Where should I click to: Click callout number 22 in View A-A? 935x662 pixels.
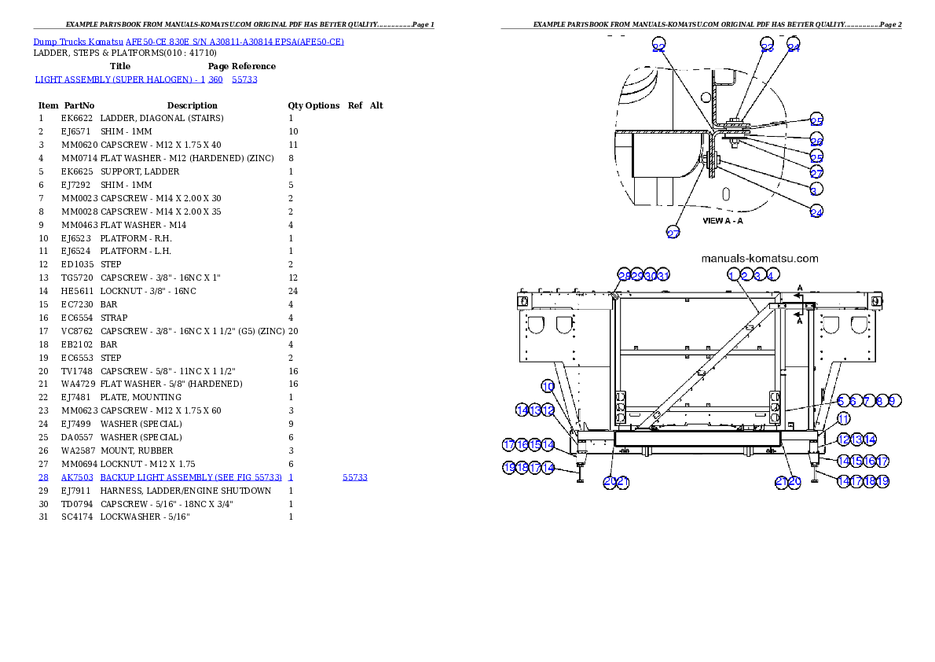pos(658,48)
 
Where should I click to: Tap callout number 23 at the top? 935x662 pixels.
pos(768,47)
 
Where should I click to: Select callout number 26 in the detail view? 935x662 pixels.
pos(816,142)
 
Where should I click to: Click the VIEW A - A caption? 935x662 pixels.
pos(722,221)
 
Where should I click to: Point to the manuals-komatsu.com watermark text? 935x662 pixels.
pos(759,258)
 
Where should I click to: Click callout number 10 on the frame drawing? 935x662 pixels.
pos(548,386)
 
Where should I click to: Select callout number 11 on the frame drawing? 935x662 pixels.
pos(843,419)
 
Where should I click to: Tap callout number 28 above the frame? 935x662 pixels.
pos(624,275)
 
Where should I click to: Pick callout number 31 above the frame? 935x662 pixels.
pos(662,275)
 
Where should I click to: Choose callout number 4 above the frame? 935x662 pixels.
pos(772,275)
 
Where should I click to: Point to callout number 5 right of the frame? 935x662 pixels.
pos(841,401)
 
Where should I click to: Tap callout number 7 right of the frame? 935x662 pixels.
pos(867,401)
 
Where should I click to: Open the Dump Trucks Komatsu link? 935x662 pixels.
pos(188,41)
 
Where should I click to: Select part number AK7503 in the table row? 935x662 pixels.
pos(78,477)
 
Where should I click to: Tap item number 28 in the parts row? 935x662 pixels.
pos(43,477)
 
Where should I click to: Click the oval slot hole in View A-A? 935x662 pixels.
pos(727,193)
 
